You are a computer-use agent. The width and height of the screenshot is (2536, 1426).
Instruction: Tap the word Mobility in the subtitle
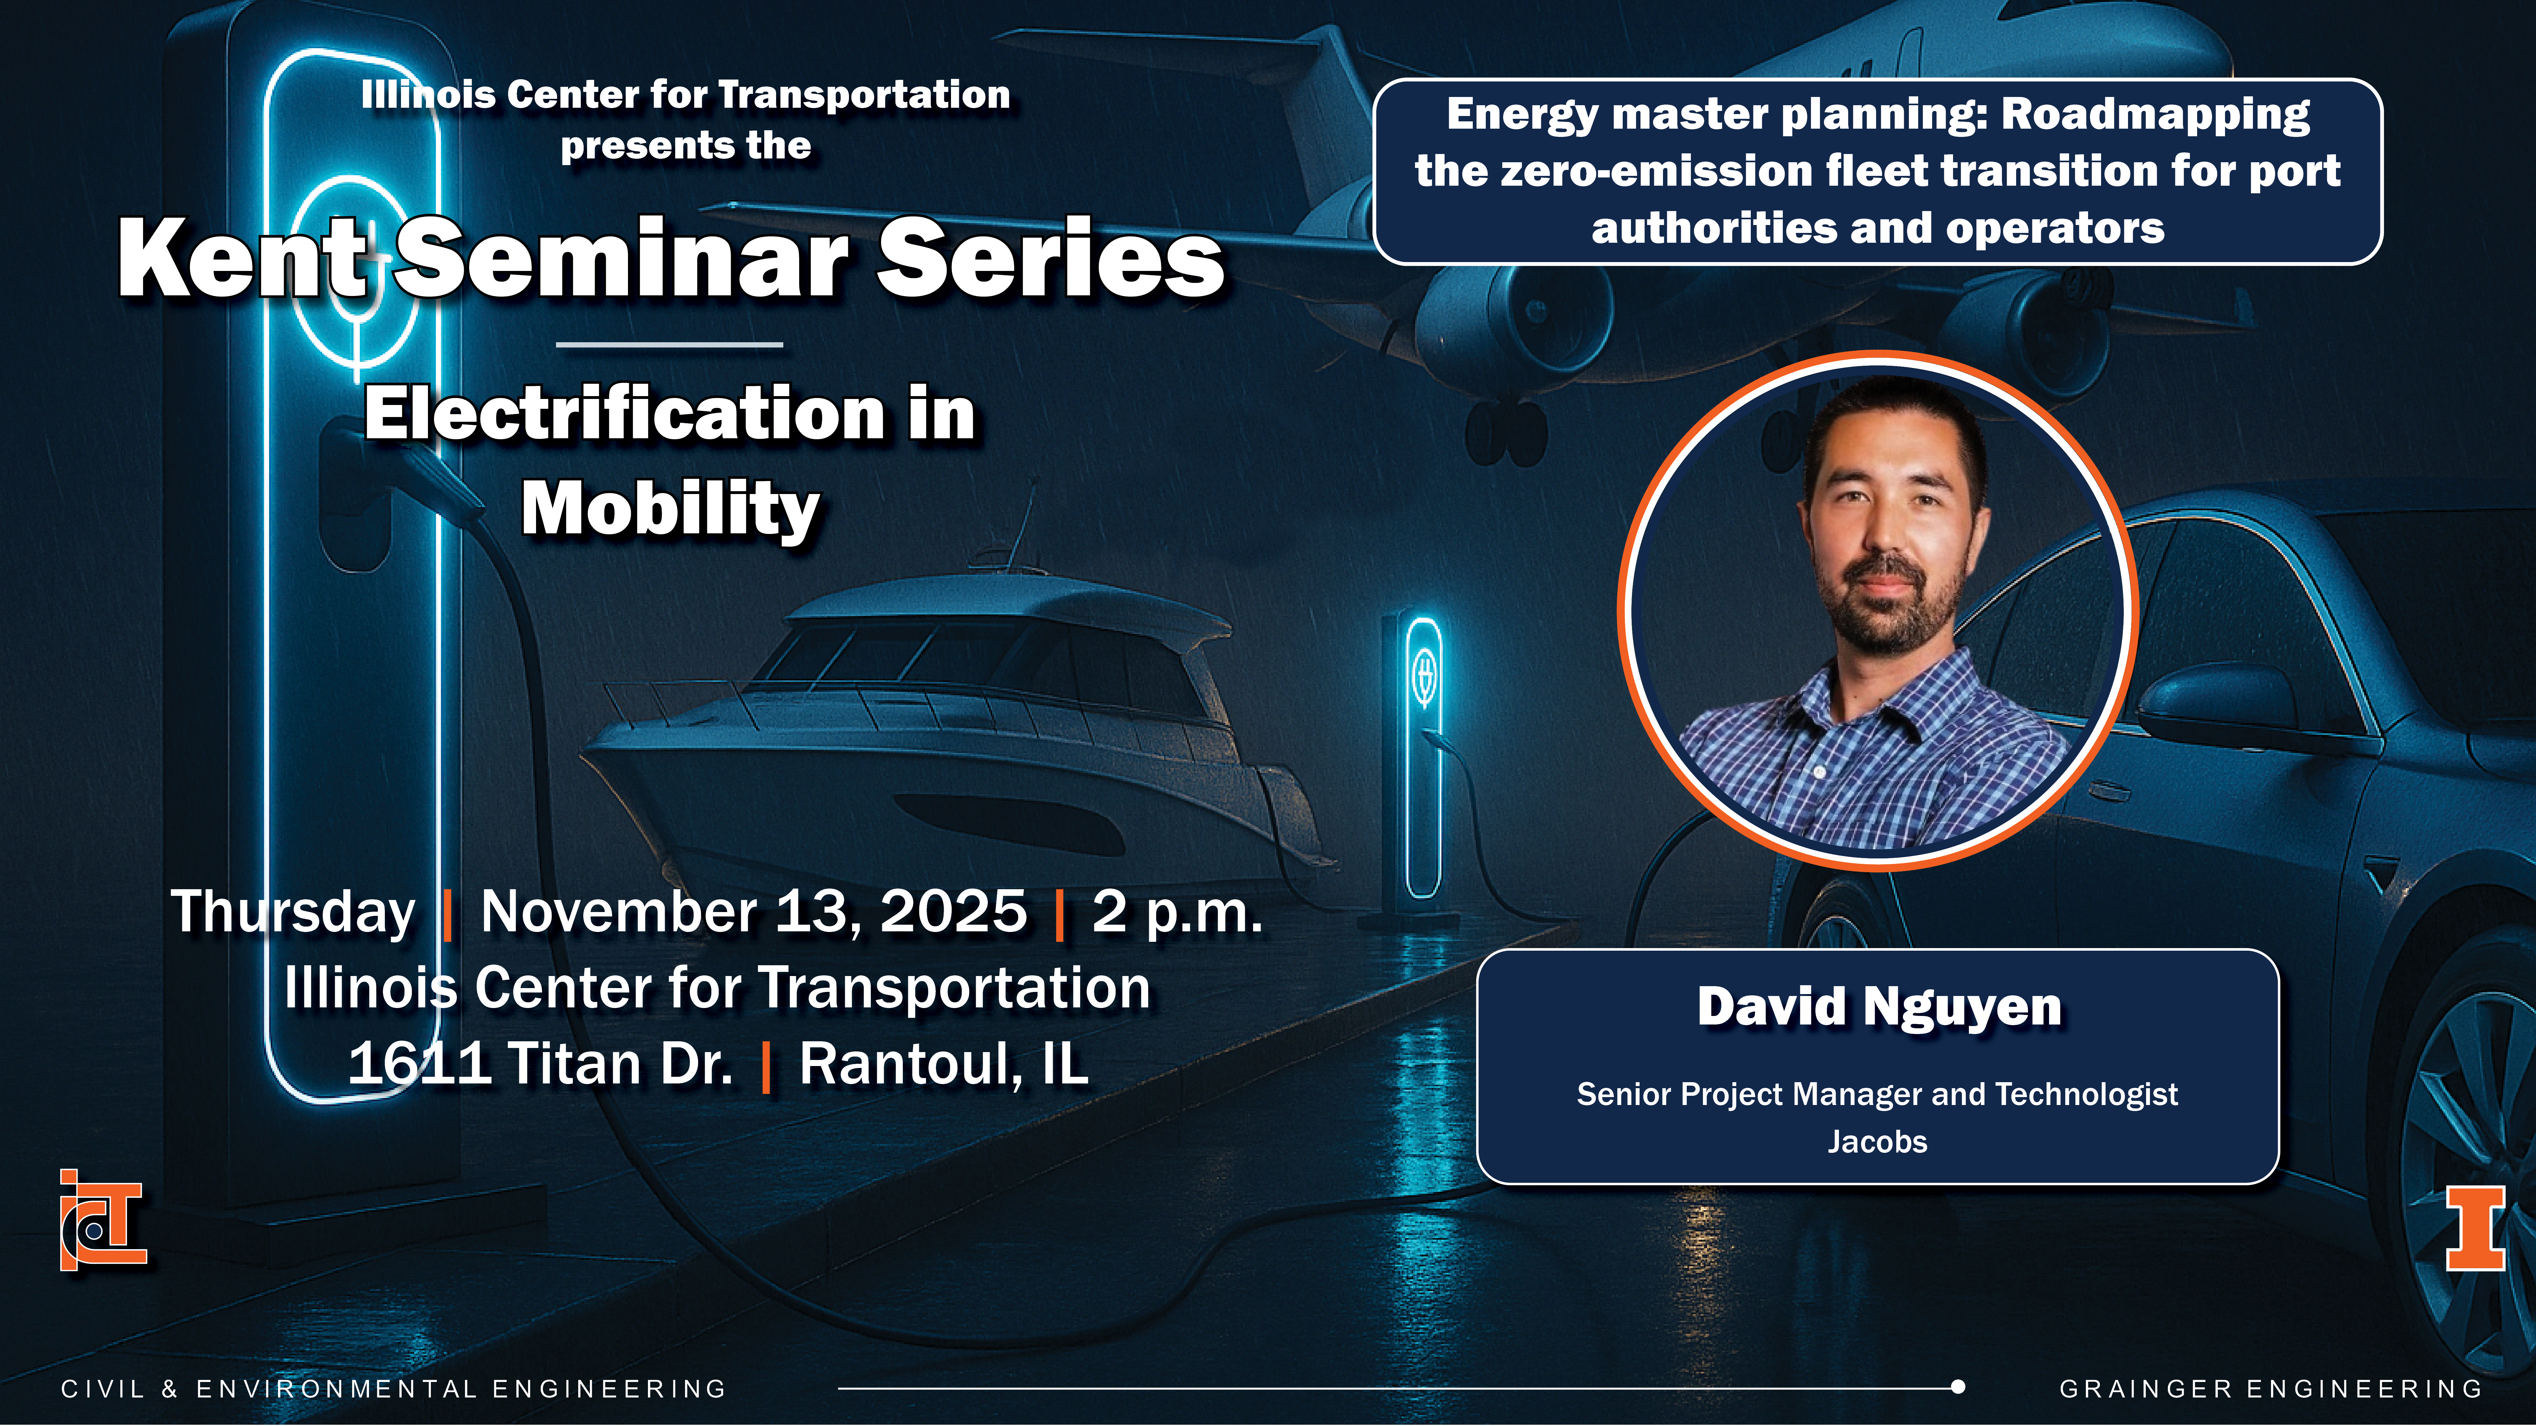pyautogui.click(x=670, y=510)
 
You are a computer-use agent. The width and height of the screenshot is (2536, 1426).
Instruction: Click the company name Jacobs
pyautogui.click(x=1877, y=1141)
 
